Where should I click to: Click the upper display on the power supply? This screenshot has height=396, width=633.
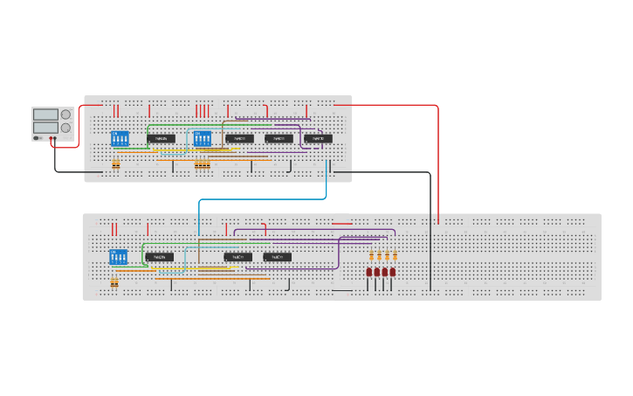coord(45,115)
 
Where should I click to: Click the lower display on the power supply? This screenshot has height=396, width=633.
coord(45,128)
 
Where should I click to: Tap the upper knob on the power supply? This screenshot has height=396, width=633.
coord(65,115)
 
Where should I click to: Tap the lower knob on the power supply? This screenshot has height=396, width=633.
coord(65,128)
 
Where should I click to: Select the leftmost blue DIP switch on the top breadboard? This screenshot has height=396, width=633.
coord(120,138)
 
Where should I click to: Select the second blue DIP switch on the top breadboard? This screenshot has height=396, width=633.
coord(203,138)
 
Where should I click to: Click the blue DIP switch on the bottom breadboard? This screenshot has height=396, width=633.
coord(118,257)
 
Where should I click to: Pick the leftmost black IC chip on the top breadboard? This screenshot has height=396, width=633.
coord(161,138)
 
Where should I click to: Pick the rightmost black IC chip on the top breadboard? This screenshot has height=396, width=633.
coord(318,138)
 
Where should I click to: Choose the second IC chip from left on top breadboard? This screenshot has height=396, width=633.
coord(239,138)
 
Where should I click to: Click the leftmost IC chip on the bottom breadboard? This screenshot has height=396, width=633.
coord(159,257)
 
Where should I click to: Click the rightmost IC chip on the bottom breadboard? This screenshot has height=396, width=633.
coord(277,257)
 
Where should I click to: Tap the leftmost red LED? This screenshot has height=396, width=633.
coord(369,272)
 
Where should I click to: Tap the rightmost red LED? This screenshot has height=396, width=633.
coord(393,272)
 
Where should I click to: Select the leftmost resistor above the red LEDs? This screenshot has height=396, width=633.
coord(371,256)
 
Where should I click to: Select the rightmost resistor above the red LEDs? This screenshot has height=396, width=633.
coord(395,256)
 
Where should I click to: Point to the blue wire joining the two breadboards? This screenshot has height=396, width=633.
coord(262,199)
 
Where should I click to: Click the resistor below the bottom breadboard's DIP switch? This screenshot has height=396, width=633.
coord(114,282)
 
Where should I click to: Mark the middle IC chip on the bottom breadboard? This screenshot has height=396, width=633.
coord(237,257)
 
